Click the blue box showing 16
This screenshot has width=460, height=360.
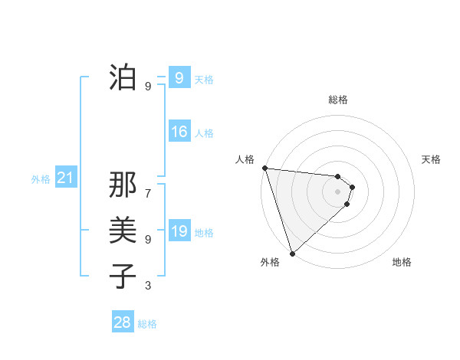[x=179, y=132]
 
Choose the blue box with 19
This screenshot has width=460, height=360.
[x=179, y=231]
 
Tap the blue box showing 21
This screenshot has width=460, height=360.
[x=65, y=178]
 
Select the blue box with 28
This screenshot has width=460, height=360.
[x=122, y=322]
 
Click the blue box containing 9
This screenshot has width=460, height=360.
[x=179, y=77]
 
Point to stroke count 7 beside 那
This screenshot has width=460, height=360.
[x=148, y=186]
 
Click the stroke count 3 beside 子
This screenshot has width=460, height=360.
[x=148, y=286]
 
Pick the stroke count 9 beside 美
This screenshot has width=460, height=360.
[x=148, y=239]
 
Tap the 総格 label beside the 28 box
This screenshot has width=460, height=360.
[x=147, y=324]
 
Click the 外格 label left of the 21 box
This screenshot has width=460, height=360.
[x=41, y=179]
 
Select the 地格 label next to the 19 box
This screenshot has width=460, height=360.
[x=204, y=233]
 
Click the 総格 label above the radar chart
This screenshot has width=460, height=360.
[x=338, y=100]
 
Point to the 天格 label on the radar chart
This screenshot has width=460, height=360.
[x=432, y=159]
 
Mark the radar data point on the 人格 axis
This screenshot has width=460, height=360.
[x=264, y=168]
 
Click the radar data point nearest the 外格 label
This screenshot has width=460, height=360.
[x=292, y=253]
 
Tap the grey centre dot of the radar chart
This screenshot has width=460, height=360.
[x=338, y=191]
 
